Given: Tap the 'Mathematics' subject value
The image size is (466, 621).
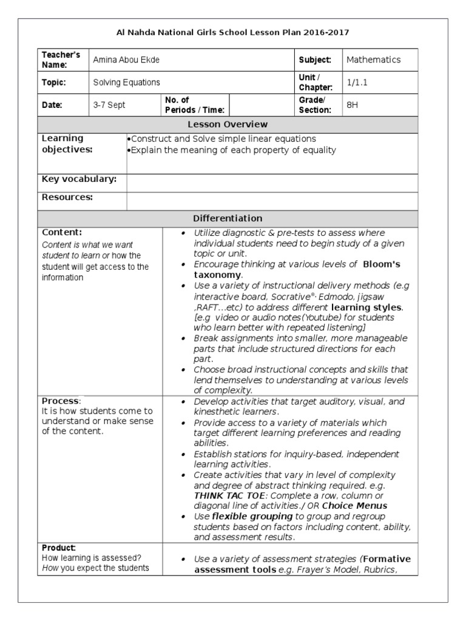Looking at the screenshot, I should (373, 60).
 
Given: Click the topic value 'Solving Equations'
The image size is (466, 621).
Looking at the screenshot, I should (126, 82).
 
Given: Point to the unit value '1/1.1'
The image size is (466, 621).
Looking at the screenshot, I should (357, 82).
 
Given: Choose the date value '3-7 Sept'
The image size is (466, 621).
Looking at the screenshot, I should (109, 105).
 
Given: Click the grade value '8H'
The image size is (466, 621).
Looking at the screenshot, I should (352, 105).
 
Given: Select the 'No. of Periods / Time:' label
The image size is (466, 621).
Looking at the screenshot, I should (194, 105).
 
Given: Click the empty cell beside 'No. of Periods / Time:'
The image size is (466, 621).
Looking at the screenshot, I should (260, 105).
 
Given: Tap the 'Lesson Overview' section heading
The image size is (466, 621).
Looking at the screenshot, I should (228, 124).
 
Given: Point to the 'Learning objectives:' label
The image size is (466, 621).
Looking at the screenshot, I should (67, 144).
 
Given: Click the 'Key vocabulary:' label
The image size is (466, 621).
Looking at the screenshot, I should (79, 179).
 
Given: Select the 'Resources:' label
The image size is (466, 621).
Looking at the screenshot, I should (67, 197).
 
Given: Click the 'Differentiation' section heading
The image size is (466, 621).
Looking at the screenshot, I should (228, 218).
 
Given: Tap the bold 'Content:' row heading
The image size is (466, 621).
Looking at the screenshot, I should (62, 232).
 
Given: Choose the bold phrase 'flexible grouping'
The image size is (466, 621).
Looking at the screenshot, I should (243, 516).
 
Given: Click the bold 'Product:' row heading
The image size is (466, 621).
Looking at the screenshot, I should (59, 548).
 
